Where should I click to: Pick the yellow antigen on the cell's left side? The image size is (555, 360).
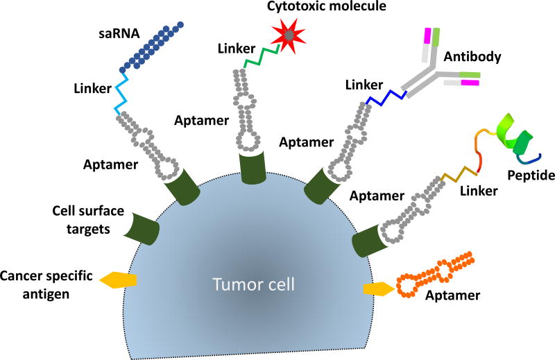click(119, 280)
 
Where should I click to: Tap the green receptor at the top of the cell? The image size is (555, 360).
click(246, 169)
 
